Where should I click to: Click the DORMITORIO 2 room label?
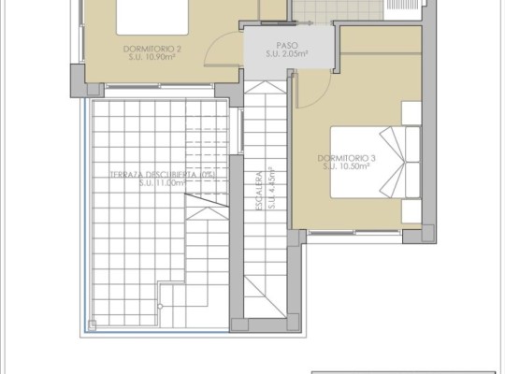151,48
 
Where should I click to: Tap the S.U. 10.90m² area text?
151,57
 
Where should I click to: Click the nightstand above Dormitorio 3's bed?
412,111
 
